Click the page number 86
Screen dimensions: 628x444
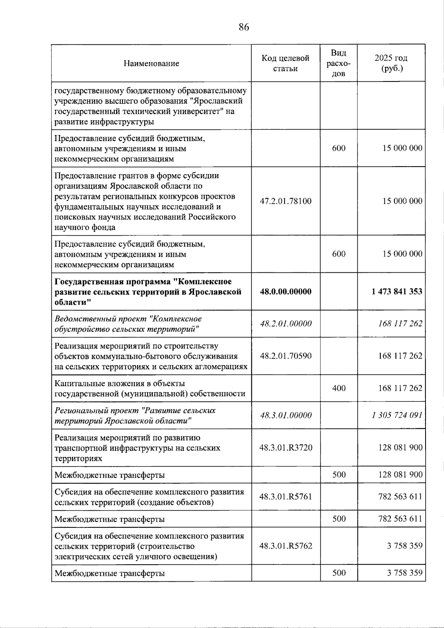(244, 27)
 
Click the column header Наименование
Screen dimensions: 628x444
(151, 63)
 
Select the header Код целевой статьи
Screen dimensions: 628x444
(285, 63)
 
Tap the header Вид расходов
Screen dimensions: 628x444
(338, 63)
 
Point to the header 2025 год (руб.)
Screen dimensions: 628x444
(391, 63)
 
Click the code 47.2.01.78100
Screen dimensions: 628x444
(285, 201)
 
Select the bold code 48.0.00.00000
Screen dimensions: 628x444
(285, 292)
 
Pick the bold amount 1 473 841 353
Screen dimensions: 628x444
(397, 292)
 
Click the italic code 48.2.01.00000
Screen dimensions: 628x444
(286, 324)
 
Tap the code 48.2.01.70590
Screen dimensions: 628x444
(285, 356)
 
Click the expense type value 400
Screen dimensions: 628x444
(339, 388)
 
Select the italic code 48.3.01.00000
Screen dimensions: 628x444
(286, 415)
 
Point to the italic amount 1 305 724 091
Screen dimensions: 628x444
(397, 415)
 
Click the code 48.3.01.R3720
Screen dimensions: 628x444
(285, 448)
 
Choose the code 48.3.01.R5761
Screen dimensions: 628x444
(285, 497)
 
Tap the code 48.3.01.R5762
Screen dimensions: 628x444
(285, 546)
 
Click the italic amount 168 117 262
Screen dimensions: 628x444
(400, 324)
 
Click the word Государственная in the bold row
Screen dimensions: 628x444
(88, 282)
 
